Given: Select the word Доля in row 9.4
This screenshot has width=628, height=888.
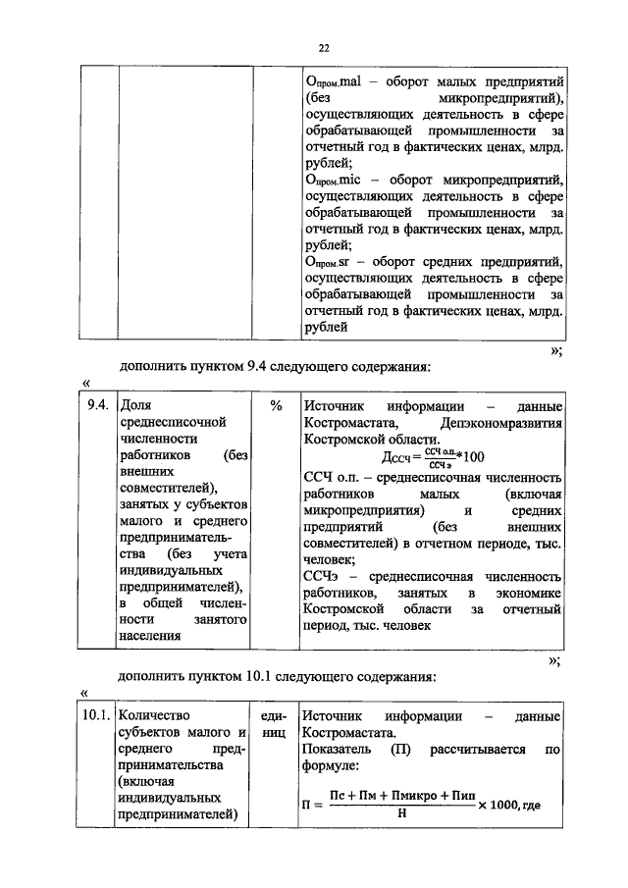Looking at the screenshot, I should point(133,406).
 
